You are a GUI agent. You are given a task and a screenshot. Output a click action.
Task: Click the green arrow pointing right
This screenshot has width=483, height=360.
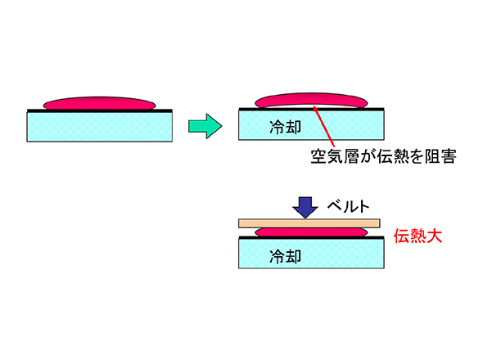(205, 126)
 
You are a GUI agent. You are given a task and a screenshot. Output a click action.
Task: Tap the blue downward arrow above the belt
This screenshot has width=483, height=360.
(305, 207)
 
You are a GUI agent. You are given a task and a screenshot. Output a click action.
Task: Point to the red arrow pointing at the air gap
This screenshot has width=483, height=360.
(323, 126)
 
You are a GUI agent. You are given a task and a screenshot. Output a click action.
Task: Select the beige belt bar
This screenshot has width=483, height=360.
(309, 223)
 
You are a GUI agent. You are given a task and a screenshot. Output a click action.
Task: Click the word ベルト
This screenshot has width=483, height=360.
(348, 205)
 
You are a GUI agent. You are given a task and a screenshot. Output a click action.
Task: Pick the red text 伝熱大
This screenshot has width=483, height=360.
(418, 236)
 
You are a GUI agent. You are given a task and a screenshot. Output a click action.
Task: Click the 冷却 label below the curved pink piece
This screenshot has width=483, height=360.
(285, 127)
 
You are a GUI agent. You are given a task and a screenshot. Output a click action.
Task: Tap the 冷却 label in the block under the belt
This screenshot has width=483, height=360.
(285, 256)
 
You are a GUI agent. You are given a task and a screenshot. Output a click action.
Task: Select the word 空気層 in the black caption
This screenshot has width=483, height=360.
(335, 156)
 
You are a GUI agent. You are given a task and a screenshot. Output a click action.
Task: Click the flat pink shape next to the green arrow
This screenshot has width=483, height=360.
(100, 103)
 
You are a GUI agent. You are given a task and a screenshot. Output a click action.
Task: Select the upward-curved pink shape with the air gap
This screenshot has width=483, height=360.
(311, 98)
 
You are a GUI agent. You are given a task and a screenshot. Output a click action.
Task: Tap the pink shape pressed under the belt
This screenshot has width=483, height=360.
(311, 232)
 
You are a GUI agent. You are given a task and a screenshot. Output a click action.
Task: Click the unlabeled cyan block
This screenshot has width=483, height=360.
(100, 127)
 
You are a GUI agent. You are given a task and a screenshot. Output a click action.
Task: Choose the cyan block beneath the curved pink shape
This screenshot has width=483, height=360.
(311, 125)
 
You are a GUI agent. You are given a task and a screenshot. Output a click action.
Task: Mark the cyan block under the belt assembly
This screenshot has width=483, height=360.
(311, 254)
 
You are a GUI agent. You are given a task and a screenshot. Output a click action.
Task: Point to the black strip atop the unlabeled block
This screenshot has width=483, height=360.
(100, 110)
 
